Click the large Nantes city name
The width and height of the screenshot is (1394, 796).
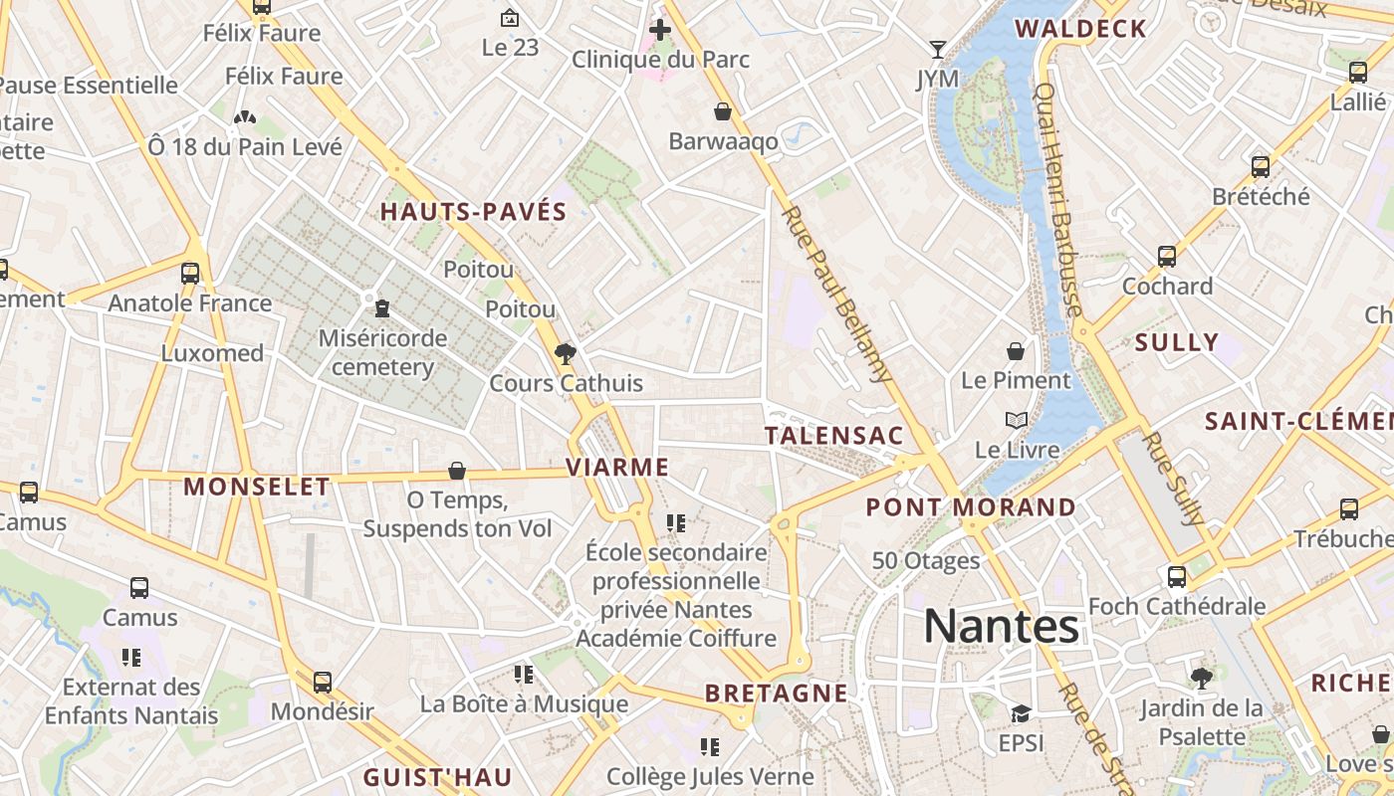click(1001, 627)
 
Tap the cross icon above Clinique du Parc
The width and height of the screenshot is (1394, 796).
click(659, 30)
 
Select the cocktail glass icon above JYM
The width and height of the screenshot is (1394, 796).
click(937, 49)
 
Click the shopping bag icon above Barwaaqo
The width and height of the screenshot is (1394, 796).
click(723, 111)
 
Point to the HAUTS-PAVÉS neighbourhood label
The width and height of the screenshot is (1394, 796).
click(473, 211)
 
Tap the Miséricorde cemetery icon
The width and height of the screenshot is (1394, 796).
click(382, 309)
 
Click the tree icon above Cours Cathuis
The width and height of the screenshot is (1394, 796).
click(566, 353)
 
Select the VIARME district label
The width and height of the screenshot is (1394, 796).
click(617, 467)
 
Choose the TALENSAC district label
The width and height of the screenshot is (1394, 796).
click(834, 435)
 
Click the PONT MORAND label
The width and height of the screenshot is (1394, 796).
click(971, 507)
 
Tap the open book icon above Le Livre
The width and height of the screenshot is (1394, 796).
click(1016, 421)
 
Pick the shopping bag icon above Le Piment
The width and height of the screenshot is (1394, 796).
click(1016, 351)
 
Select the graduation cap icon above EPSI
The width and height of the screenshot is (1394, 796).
click(1020, 714)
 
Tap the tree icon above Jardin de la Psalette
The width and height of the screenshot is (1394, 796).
click(1202, 679)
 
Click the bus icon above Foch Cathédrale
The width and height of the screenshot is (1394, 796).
click(1177, 577)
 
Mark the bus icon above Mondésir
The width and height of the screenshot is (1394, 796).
click(322, 683)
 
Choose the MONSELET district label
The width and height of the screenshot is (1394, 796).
click(257, 487)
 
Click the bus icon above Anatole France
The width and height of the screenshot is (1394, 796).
click(190, 274)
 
